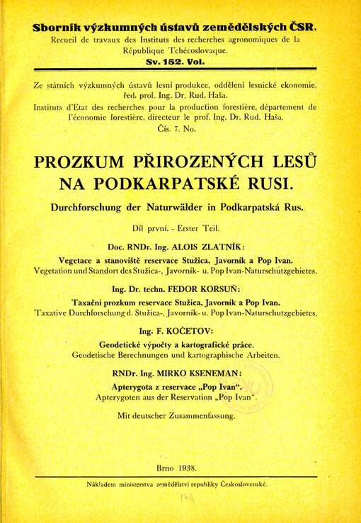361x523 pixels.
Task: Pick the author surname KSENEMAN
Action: click(214, 373)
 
